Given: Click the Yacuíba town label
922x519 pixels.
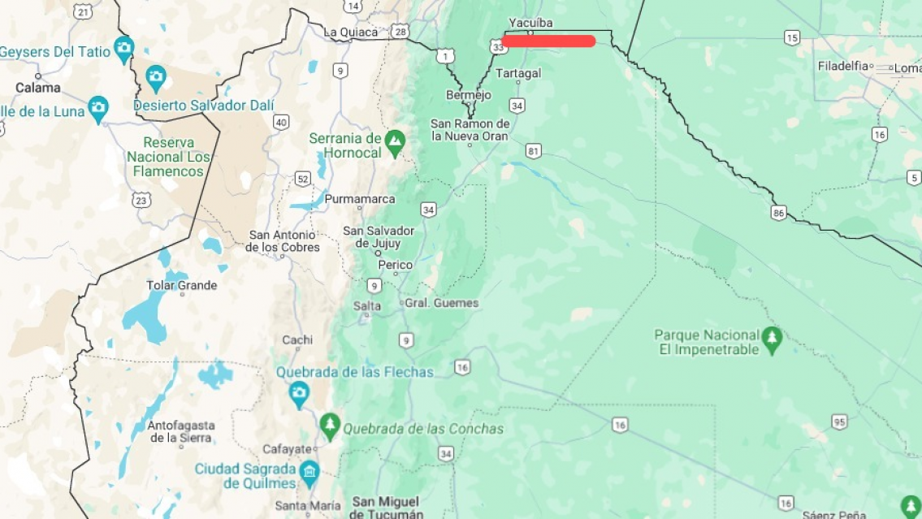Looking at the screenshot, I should pos(530,23).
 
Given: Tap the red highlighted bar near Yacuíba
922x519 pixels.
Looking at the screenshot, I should pos(548,41).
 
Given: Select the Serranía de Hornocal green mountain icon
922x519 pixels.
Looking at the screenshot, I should pos(395,140).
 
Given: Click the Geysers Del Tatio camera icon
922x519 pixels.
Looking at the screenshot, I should pos(123,46).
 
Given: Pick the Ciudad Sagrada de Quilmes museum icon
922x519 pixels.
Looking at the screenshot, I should pos(309,470).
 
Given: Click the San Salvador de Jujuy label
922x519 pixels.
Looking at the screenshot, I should pos(379,237).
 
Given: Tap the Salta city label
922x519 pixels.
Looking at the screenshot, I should pos(366,306).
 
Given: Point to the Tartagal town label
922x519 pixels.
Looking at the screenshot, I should pos(518,73).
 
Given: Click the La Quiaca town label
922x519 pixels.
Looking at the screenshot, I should pos(350,32).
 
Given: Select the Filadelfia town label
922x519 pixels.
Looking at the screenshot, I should pos(842,66).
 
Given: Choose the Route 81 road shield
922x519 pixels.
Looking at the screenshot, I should pos(533,150).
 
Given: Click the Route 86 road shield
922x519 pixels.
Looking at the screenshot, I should pos(779,213).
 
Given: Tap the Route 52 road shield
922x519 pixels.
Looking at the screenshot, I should pos(302,179).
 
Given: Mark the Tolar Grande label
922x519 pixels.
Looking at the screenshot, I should pos(181,285).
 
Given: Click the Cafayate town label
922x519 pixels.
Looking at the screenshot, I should pos(287,449).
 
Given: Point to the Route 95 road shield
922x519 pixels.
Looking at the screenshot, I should pos(839,421).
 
